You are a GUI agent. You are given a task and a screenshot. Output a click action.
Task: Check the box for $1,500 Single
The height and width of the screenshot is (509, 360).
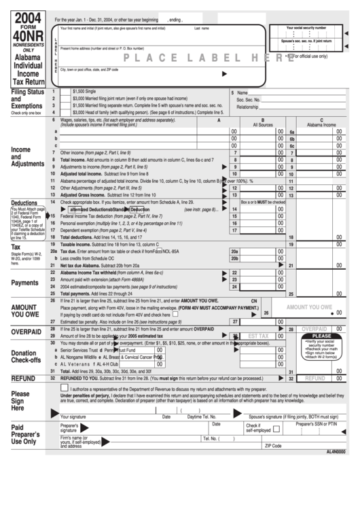(x=65, y=90)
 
